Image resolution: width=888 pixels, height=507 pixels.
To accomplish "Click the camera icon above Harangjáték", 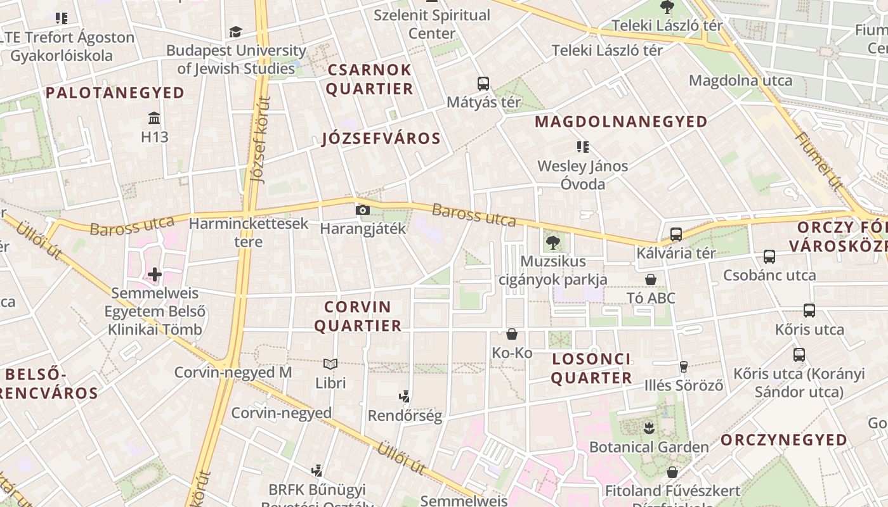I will tap(362, 210).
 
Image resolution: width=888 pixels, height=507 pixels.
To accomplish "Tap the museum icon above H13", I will tap(153, 119).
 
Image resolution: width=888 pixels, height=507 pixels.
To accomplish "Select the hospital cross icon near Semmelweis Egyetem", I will tap(154, 274).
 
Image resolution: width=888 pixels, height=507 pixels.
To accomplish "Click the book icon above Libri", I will tap(330, 364).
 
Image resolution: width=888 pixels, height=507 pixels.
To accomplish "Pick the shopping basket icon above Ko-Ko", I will tap(512, 334).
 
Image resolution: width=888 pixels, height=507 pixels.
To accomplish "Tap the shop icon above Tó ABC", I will tap(650, 279).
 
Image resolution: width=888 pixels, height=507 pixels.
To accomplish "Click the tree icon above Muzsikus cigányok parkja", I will tap(552, 241).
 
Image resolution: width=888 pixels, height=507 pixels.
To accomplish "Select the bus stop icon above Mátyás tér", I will tap(483, 83).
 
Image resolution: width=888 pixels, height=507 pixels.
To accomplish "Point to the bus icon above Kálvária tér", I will tap(676, 234).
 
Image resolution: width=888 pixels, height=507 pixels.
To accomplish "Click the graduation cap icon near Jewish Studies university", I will tap(235, 32).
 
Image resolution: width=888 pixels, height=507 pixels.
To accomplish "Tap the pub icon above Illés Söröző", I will tap(684, 366).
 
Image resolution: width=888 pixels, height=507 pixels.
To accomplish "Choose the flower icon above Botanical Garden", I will tap(648, 428).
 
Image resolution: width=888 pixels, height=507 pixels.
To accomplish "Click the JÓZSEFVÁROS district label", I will tap(381, 139).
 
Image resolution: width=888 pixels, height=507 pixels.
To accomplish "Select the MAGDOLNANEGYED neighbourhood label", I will tap(621, 122).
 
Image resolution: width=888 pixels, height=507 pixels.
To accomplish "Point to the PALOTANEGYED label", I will tap(115, 93).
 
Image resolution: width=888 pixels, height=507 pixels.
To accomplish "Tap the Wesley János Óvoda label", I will tap(582, 175).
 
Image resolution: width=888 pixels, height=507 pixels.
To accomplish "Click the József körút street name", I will tap(260, 139).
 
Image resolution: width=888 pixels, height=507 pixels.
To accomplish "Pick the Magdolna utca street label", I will tap(740, 80).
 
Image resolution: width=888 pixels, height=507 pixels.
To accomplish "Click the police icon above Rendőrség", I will tap(404, 397).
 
